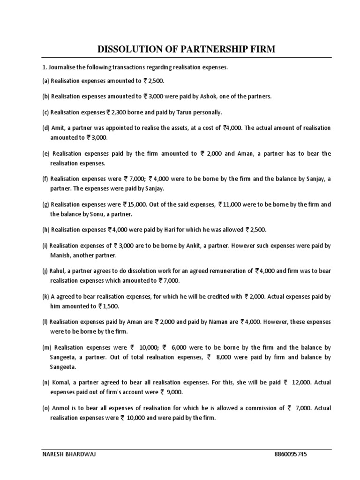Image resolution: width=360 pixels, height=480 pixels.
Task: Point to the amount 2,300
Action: pos(121,112)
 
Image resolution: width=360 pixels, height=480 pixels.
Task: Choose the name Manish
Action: pos(61,255)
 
